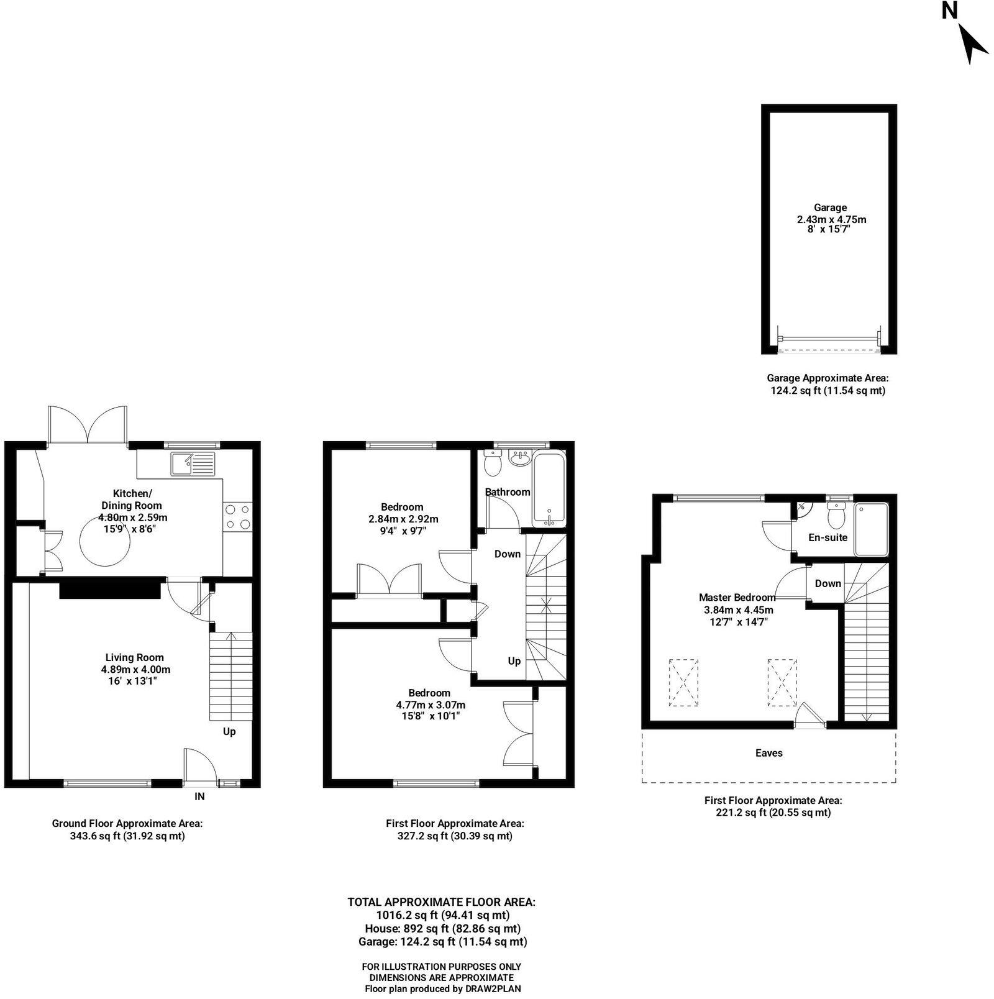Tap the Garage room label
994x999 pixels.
click(x=831, y=208)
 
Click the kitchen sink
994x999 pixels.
click(x=194, y=463)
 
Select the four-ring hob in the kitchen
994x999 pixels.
click(x=238, y=516)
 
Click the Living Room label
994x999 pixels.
click(x=135, y=657)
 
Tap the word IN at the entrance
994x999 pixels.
click(x=199, y=796)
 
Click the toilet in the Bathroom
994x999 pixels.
click(x=493, y=462)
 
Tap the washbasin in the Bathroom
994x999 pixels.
click(x=519, y=458)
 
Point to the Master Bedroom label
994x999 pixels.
click(x=737, y=597)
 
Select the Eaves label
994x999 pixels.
click(x=768, y=753)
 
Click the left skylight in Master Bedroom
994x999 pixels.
click(x=683, y=682)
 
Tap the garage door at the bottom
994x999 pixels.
click(x=829, y=339)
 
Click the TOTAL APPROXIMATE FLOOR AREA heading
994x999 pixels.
click(x=442, y=901)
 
